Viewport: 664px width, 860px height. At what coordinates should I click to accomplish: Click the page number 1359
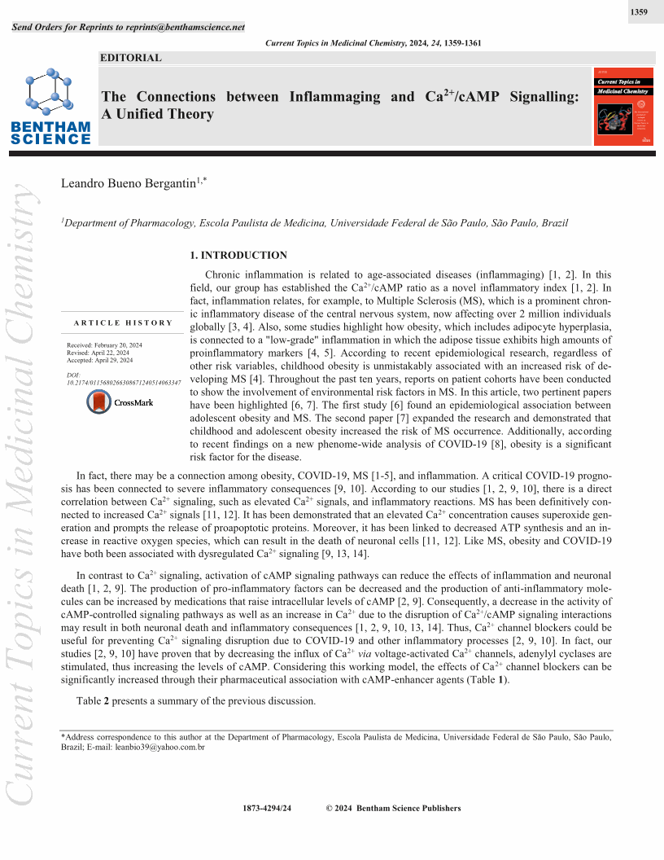coord(639,13)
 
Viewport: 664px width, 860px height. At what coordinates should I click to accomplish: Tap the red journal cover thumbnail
coord(623,107)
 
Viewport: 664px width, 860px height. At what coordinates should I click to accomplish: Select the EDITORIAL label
coord(131,58)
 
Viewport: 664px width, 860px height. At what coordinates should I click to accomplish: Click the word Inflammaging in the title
coord(334,97)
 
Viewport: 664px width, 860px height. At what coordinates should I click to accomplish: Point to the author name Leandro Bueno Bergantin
coord(129,185)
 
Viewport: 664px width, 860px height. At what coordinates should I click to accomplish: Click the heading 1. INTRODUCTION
coord(238,256)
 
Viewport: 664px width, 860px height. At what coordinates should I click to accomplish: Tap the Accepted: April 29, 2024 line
coord(100,360)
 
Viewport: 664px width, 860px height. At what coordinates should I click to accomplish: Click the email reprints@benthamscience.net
coord(186,27)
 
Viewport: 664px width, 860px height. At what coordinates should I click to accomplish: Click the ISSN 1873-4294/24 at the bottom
coord(267,809)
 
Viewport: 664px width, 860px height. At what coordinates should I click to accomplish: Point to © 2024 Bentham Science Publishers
coord(393,809)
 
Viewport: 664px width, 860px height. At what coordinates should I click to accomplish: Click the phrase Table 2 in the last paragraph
coord(93,702)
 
